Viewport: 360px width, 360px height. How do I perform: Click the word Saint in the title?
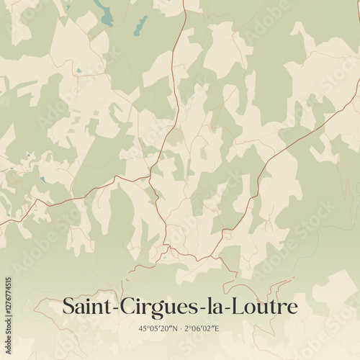(x=84, y=306)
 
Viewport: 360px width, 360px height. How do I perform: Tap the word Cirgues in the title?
(x=152, y=306)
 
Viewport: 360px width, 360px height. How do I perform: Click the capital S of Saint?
(x=68, y=306)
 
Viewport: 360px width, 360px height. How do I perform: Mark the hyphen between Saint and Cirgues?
(x=112, y=308)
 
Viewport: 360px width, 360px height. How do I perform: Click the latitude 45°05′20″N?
(x=158, y=328)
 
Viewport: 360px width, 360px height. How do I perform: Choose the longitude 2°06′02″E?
(x=203, y=328)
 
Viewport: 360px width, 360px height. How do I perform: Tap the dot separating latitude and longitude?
(x=181, y=328)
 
